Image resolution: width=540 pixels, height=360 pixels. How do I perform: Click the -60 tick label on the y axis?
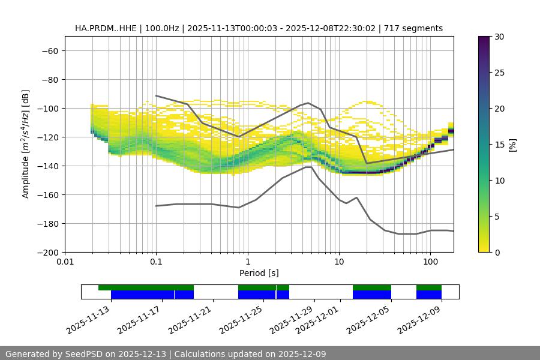tap(49, 50)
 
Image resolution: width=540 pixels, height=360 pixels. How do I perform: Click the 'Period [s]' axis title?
tap(259, 273)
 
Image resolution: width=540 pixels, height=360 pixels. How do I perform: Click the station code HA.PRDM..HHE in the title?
tap(106, 28)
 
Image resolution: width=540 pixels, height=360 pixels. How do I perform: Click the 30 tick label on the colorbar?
tap(499, 37)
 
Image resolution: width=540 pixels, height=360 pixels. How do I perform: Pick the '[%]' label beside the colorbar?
tap(512, 145)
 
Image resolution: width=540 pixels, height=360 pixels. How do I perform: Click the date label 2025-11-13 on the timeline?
tap(89, 319)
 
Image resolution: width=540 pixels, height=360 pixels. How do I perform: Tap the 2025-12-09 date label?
tap(419, 319)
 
